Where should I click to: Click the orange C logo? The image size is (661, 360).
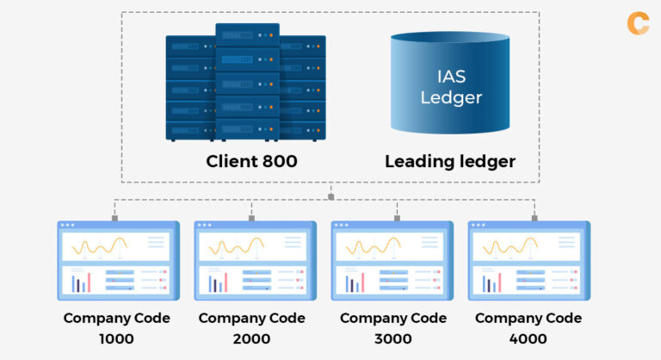(638, 22)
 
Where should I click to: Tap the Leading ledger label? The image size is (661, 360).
(450, 161)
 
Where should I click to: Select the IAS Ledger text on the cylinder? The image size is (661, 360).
(450, 87)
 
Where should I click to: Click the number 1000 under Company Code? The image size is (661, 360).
(116, 338)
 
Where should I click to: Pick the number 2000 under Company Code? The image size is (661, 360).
(252, 338)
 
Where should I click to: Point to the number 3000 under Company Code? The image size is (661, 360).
(392, 338)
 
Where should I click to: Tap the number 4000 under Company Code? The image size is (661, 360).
(528, 338)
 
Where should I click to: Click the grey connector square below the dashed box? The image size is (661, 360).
(330, 196)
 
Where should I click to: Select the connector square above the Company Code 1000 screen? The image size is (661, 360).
(114, 218)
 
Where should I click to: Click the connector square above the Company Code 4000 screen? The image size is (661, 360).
(534, 218)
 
